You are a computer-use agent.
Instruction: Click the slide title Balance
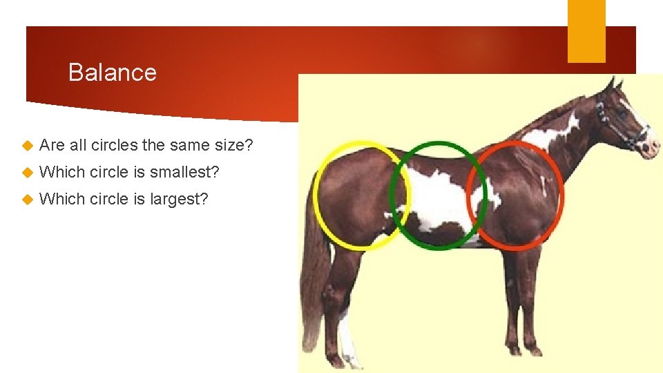point(113,73)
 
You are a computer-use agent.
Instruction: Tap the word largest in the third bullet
point(180,199)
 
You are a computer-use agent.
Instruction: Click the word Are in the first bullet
point(52,145)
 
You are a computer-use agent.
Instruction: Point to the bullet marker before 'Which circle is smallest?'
point(27,173)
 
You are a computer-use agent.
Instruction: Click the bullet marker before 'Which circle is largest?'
point(27,200)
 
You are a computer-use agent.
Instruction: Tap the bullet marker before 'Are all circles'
point(27,146)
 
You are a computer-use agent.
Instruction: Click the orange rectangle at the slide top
point(586,30)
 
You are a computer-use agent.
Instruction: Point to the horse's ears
point(613,84)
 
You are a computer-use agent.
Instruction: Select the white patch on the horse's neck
point(552,135)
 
